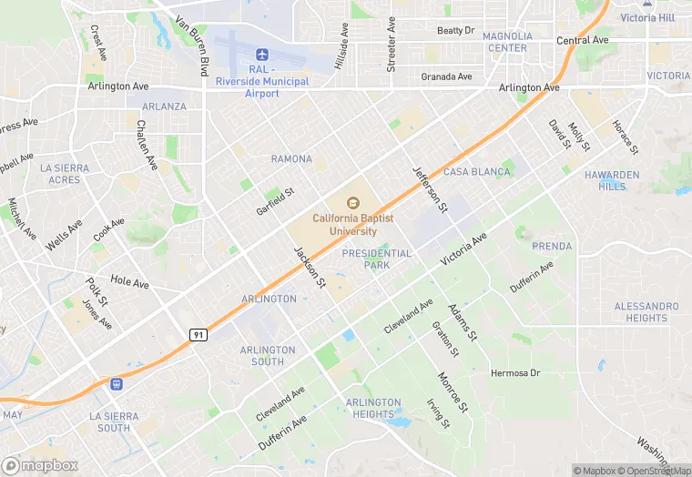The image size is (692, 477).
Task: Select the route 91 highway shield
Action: pyautogui.click(x=198, y=335)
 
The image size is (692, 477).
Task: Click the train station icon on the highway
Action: pyautogui.click(x=117, y=385)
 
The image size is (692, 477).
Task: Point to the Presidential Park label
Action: pyautogui.click(x=376, y=259)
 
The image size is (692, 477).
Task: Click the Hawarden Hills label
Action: pyautogui.click(x=612, y=180)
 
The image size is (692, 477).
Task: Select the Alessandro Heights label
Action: pyautogui.click(x=646, y=312)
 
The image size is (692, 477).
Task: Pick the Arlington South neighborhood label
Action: pyautogui.click(x=268, y=356)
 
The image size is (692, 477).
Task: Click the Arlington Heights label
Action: pyautogui.click(x=373, y=408)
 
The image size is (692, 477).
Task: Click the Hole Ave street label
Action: pyautogui.click(x=129, y=283)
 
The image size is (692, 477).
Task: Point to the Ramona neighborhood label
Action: pyautogui.click(x=291, y=158)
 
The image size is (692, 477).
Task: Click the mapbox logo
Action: pyautogui.click(x=41, y=464)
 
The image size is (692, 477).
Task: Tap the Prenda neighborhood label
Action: pyautogui.click(x=552, y=246)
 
